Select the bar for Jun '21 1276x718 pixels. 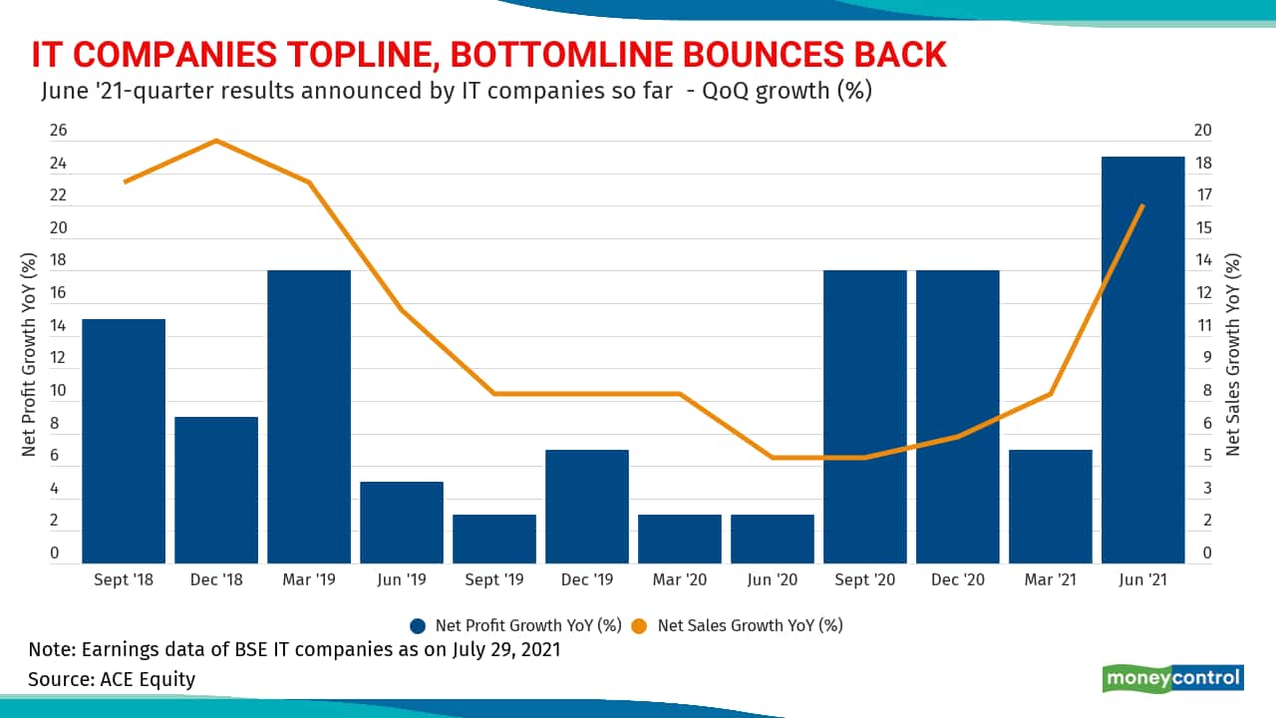[1142, 359]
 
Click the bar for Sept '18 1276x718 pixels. [124, 441]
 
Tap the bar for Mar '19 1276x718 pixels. [309, 417]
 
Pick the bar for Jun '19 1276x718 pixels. [402, 523]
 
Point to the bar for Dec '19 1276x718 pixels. [587, 507]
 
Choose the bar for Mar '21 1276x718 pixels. [1050, 507]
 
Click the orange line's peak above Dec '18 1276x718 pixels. [216, 141]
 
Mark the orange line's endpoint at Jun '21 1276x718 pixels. [1142, 205]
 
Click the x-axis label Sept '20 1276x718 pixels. [864, 579]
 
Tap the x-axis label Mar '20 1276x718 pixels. [679, 579]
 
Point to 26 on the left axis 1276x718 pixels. [59, 130]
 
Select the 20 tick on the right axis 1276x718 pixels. [1202, 130]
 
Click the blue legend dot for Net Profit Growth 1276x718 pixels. [419, 626]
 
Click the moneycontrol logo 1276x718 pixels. [1172, 678]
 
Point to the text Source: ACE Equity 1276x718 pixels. [112, 679]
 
